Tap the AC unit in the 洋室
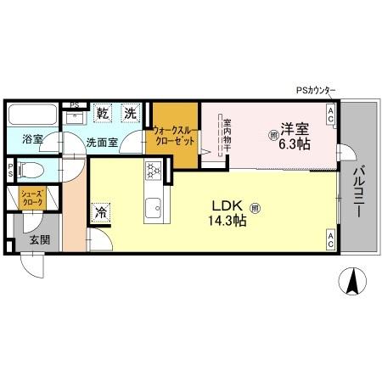click(x=330, y=112)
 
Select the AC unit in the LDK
click(x=330, y=242)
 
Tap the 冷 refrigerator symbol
click(x=101, y=213)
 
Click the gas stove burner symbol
click(x=154, y=171)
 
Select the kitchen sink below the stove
click(x=154, y=206)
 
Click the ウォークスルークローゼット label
click(x=173, y=136)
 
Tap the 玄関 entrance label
click(x=39, y=240)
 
